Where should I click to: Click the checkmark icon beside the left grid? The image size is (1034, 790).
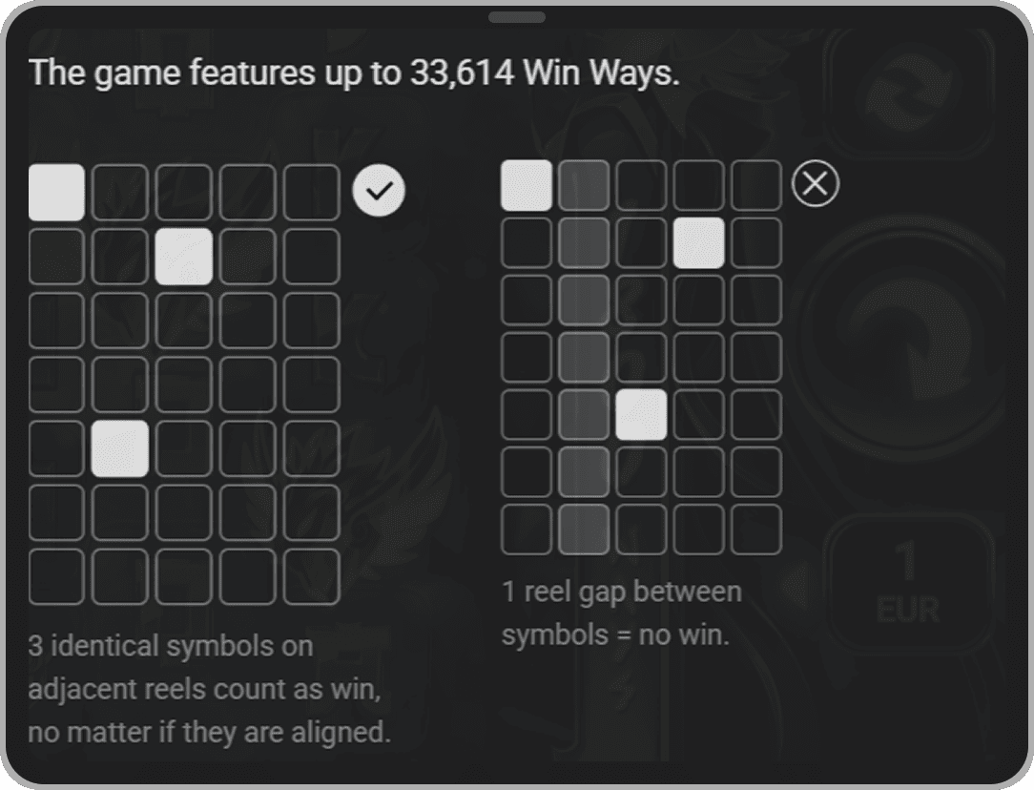(379, 191)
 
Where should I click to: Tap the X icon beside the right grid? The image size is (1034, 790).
(815, 183)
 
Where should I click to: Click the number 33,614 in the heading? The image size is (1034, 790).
(462, 73)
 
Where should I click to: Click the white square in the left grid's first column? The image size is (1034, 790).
(56, 192)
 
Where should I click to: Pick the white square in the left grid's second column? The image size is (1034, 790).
(120, 448)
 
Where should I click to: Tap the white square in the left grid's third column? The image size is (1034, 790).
(184, 257)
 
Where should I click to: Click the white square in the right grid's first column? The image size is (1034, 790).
(527, 185)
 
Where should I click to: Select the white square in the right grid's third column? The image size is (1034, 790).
(641, 414)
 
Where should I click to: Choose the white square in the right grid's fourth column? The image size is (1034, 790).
(699, 242)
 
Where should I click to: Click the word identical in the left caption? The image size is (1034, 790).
(108, 646)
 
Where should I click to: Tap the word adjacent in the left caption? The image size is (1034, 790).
(82, 690)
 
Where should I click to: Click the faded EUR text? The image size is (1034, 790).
(908, 609)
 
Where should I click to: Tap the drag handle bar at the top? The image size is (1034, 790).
(517, 17)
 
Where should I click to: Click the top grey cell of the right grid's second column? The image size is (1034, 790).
(584, 185)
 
